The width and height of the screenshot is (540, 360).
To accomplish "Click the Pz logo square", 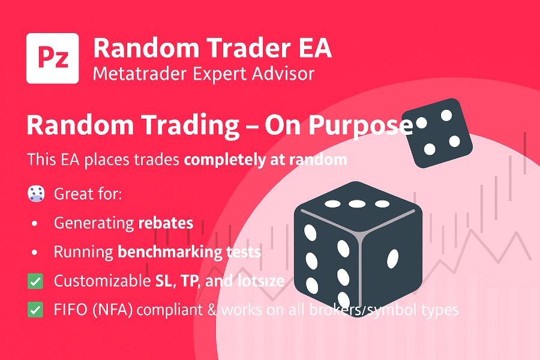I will point(53,58).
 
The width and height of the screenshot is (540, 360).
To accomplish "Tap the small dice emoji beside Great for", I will point(36,194).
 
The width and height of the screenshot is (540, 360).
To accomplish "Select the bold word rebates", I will point(166,223).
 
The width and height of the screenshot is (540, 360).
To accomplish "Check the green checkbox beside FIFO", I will point(36,310).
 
